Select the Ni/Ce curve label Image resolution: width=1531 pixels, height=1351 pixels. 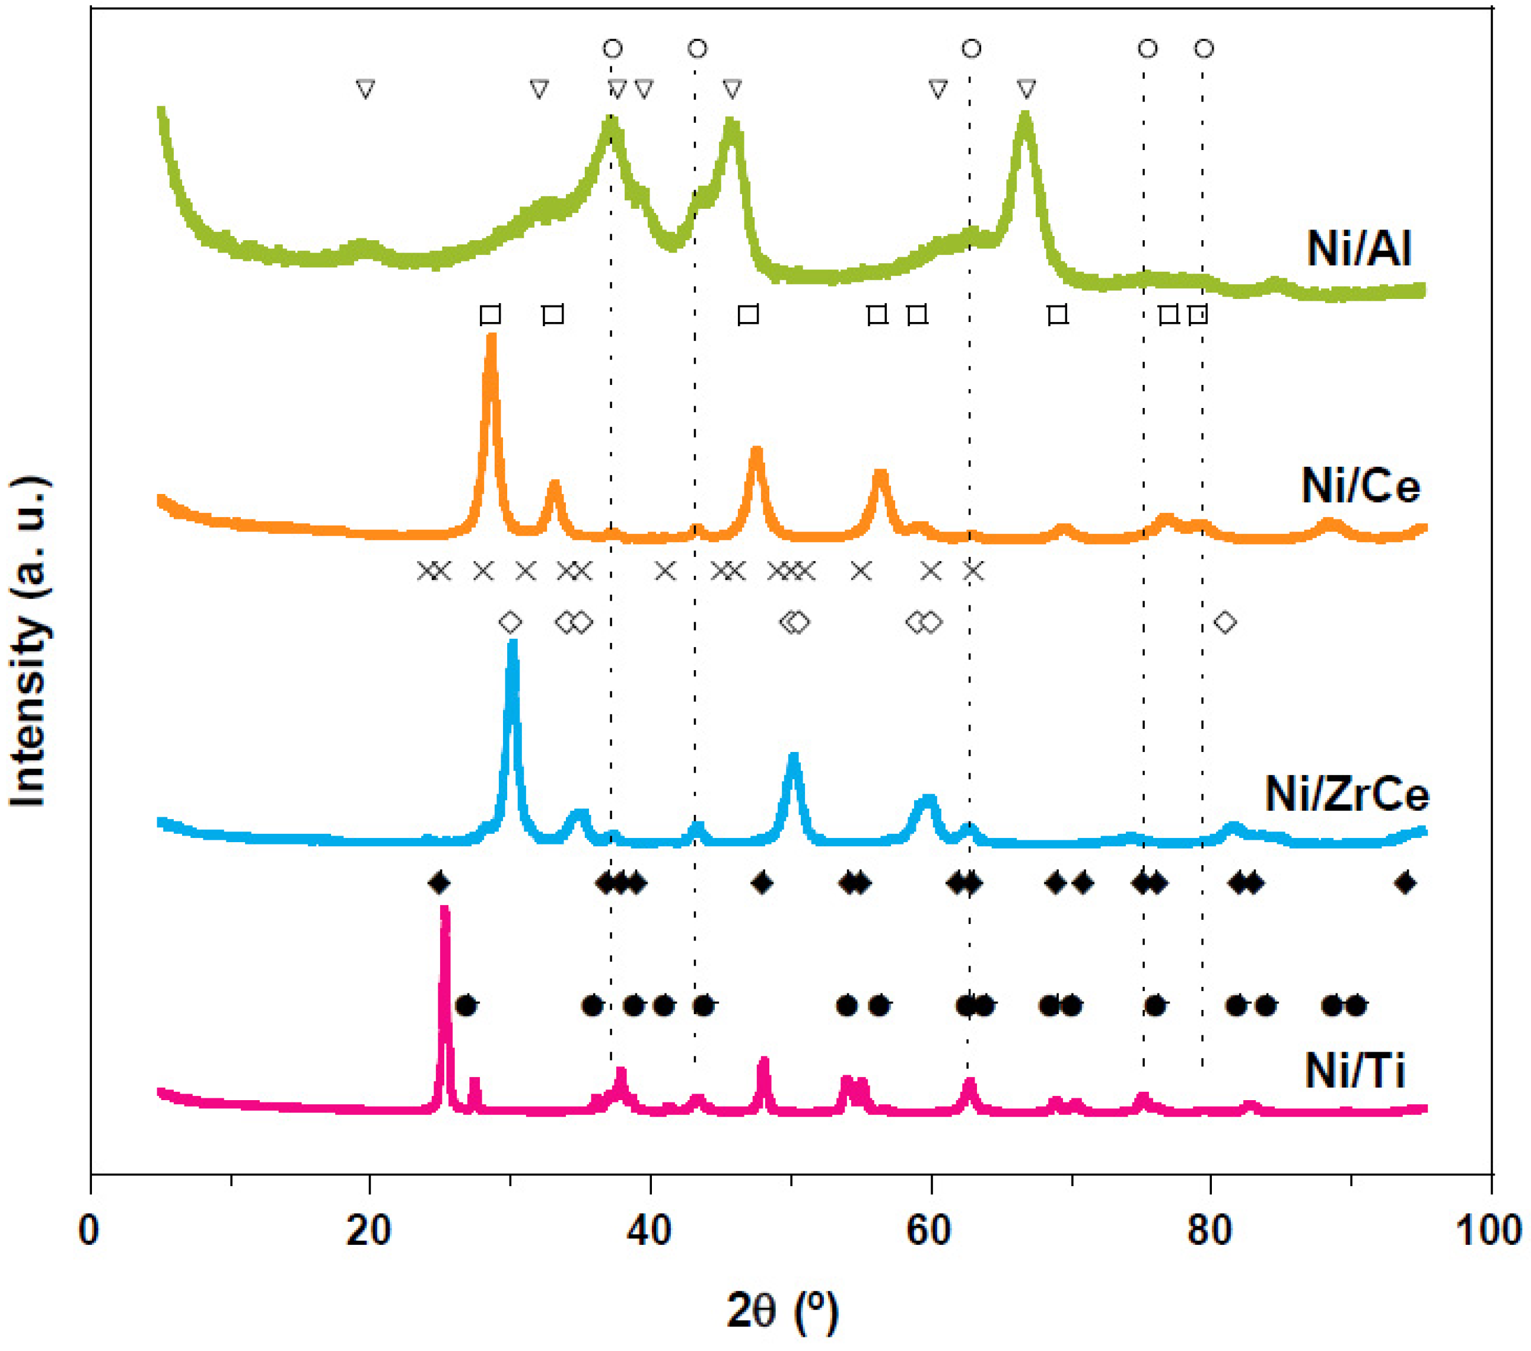pos(1360,486)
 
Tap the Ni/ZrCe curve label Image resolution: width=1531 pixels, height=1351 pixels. pos(1347,794)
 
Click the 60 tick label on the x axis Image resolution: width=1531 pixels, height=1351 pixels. pos(930,1231)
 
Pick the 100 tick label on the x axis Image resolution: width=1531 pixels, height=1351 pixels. pos(1488,1231)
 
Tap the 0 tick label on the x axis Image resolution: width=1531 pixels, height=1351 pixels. pos(89,1231)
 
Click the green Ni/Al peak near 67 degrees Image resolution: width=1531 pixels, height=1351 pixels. pos(1026,116)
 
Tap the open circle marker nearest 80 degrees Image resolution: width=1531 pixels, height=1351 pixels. pos(1204,49)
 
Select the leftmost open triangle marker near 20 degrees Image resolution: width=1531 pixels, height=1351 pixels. pos(365,89)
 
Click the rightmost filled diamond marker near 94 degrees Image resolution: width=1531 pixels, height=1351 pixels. pos(1405,883)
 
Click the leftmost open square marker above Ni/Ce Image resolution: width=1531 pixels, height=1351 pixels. pos(490,314)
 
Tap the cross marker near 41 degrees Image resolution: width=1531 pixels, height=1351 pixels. pos(665,571)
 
